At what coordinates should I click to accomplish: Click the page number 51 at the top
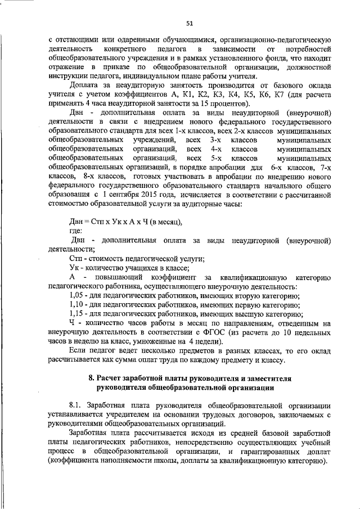click(x=189, y=22)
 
